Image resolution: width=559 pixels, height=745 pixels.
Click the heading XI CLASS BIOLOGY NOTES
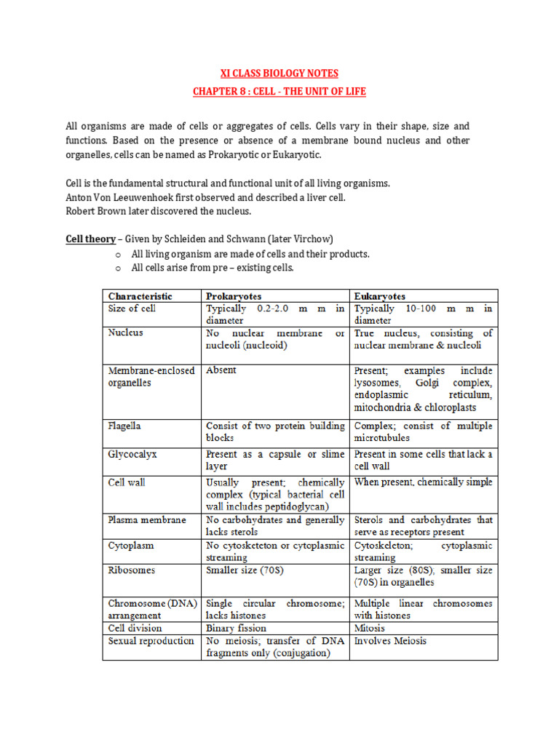(279, 73)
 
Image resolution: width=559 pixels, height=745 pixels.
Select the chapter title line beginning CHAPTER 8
(279, 91)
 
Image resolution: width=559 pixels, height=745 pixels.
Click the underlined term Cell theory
(90, 239)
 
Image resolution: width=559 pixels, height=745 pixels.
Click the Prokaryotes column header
(234, 296)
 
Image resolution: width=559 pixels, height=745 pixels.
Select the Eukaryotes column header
(380, 296)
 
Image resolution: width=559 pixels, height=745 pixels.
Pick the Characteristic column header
(140, 296)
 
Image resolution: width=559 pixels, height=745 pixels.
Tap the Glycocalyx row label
(132, 453)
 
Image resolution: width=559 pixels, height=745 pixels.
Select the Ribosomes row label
(132, 570)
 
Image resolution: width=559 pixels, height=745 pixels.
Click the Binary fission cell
(236, 628)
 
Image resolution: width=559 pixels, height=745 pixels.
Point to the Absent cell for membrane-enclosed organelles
(221, 370)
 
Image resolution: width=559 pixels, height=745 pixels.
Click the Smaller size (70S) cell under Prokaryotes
(245, 570)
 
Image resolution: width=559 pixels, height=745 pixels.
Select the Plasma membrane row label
(147, 520)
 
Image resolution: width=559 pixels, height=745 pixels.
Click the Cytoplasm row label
(131, 545)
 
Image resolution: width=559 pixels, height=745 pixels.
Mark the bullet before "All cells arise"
(117, 268)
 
